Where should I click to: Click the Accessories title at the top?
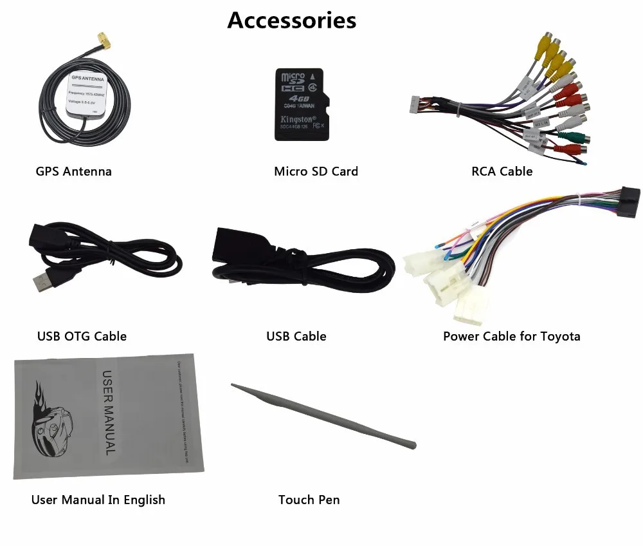click(291, 20)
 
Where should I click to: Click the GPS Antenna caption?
click(73, 171)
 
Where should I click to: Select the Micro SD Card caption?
click(316, 171)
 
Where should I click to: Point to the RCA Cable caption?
click(502, 171)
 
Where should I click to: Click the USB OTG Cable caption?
click(82, 336)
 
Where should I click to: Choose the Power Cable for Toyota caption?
click(511, 336)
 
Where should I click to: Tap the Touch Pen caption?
click(309, 500)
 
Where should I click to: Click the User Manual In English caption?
click(98, 500)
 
